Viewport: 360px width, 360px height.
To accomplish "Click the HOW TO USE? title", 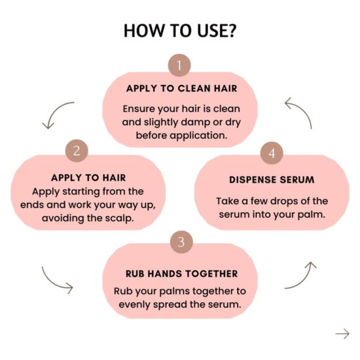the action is point(180,31).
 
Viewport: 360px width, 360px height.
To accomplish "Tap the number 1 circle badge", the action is point(179,65).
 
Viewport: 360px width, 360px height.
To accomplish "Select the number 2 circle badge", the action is point(77,151).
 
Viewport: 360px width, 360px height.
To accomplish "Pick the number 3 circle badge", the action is point(181,242).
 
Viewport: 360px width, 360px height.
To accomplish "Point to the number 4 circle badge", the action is point(272,153).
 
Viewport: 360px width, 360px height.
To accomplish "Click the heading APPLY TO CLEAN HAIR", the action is point(181,88).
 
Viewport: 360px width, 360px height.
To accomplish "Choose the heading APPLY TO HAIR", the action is point(88,178).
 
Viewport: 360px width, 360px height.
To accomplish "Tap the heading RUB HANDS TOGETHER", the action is point(181,274).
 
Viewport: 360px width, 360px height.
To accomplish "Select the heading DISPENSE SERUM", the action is point(272,180).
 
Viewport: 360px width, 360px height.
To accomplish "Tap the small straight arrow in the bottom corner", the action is point(342,334).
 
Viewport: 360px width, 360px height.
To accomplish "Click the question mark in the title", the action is point(232,31).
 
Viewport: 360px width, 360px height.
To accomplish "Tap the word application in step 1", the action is point(198,135).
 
